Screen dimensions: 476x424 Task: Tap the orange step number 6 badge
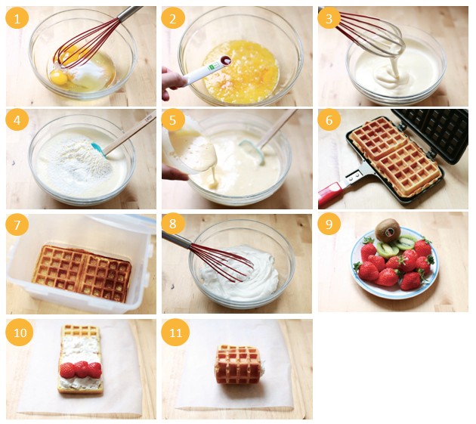[329, 119]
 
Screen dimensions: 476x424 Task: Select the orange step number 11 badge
[175, 333]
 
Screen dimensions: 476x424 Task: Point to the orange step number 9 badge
[329, 224]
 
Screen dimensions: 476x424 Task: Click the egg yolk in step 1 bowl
[59, 78]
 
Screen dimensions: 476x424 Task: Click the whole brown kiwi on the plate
[385, 231]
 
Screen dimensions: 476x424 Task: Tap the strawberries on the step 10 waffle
[80, 369]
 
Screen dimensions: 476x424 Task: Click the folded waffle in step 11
[239, 364]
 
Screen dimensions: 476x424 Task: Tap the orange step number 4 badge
[17, 119]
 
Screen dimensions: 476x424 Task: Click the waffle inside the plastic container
[82, 274]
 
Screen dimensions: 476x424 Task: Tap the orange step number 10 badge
[20, 333]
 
